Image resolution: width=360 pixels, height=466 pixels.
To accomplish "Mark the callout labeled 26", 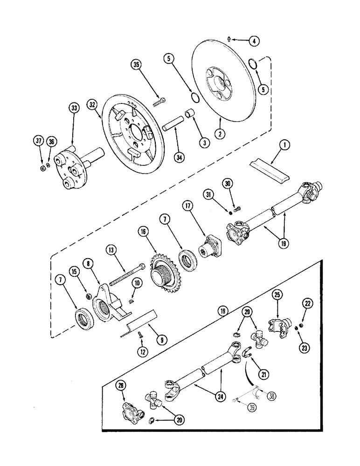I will pos(123,384).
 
